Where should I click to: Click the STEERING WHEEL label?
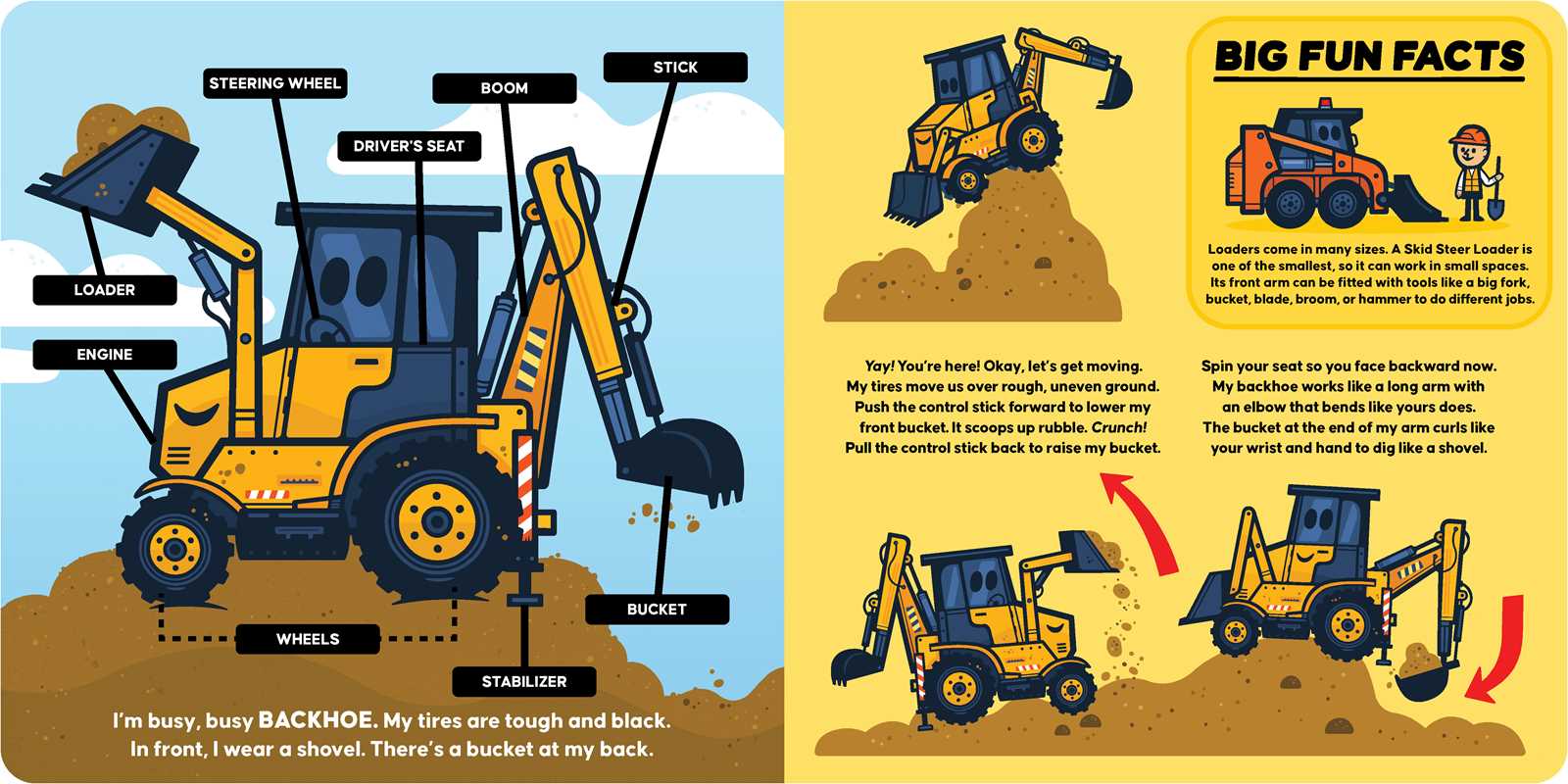275,83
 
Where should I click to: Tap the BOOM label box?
504,88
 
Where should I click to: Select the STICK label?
675,68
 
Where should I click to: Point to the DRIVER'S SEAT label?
409,146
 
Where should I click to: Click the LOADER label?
105,290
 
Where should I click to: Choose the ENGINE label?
105,355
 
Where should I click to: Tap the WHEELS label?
308,639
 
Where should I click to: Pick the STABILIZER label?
524,682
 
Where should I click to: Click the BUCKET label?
657,610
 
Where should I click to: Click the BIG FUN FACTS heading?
1369,56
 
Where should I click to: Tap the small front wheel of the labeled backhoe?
175,549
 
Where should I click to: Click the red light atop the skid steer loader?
1324,104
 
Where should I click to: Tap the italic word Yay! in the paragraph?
879,367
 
